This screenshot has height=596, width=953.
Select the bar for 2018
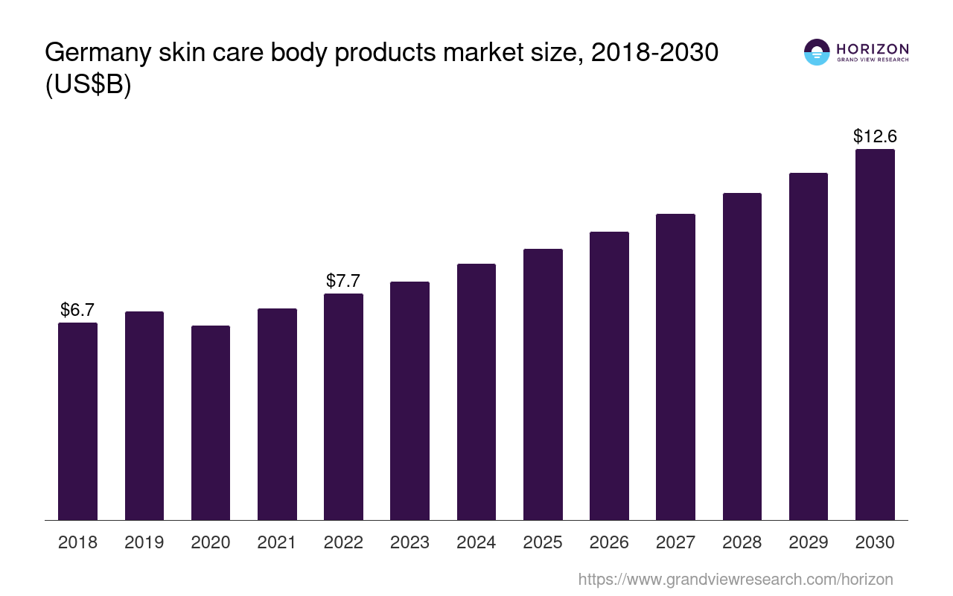pyautogui.click(x=77, y=421)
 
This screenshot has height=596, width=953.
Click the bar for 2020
pyautogui.click(x=211, y=422)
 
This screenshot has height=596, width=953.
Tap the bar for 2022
pyautogui.click(x=343, y=406)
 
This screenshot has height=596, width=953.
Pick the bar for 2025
pyautogui.click(x=543, y=384)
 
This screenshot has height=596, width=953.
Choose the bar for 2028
pyautogui.click(x=742, y=356)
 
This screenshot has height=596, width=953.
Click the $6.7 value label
pyautogui.click(x=77, y=309)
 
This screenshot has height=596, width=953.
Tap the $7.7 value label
pyautogui.click(x=343, y=281)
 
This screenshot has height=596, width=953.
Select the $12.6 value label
pyautogui.click(x=875, y=136)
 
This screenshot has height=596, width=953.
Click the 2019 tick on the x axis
pyautogui.click(x=144, y=542)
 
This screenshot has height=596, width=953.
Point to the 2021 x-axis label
pyautogui.click(x=277, y=542)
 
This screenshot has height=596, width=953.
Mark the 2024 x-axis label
pyautogui.click(x=476, y=542)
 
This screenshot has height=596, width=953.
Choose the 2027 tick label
pyautogui.click(x=676, y=542)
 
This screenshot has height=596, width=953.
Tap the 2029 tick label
pyautogui.click(x=809, y=542)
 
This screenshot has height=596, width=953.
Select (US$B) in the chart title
pyautogui.click(x=88, y=85)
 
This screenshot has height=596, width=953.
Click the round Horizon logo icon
pyautogui.click(x=817, y=52)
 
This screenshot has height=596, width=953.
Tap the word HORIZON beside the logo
pyautogui.click(x=873, y=48)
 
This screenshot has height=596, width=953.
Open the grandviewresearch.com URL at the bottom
pyautogui.click(x=736, y=579)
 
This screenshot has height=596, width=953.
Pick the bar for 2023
pyautogui.click(x=409, y=400)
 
